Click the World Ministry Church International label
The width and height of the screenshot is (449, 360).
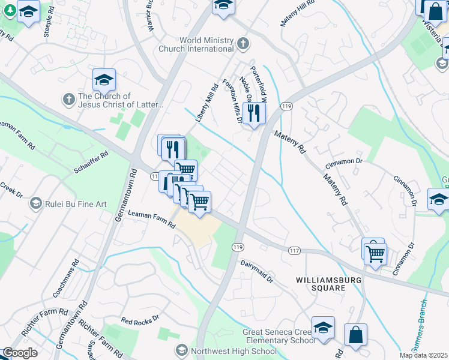pyautogui.click(x=197, y=44)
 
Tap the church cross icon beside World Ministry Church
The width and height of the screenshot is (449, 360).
pyautogui.click(x=243, y=43)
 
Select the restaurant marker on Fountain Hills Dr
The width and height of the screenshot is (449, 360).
pyautogui.click(x=255, y=113)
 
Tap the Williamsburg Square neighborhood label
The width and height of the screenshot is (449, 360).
pyautogui.click(x=321, y=284)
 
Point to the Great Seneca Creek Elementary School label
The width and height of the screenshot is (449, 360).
pyautogui.click(x=279, y=336)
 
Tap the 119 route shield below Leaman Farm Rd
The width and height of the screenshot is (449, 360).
pyautogui.click(x=238, y=247)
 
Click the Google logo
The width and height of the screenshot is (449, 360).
pyautogui.click(x=20, y=353)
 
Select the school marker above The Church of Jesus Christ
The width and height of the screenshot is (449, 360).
pyautogui.click(x=104, y=80)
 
